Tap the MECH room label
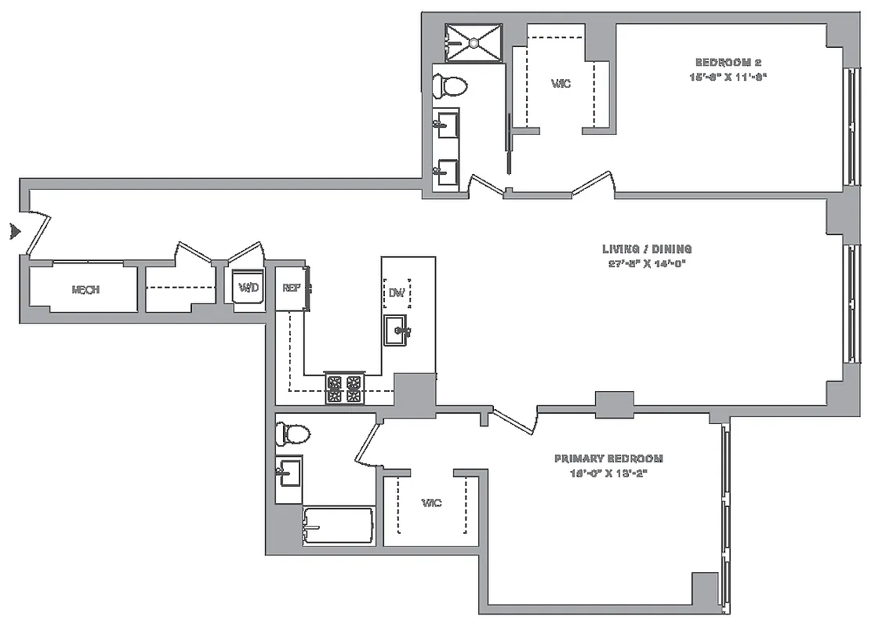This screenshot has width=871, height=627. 85,289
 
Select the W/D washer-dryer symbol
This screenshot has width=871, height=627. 249,288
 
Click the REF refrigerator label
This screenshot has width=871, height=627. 292,288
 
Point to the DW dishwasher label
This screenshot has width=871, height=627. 397,293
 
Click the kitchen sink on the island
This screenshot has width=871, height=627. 397,331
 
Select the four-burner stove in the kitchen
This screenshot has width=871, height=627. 345,389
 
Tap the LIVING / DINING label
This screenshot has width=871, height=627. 647,249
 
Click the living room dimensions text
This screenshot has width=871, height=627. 647,263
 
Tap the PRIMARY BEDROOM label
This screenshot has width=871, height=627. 608,458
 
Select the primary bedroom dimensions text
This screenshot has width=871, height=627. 608,473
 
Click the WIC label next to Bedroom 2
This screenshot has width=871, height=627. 560,84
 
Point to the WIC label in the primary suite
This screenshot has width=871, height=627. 430,502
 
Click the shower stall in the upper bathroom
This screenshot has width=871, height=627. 473,42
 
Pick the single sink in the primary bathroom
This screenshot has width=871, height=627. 289,472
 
